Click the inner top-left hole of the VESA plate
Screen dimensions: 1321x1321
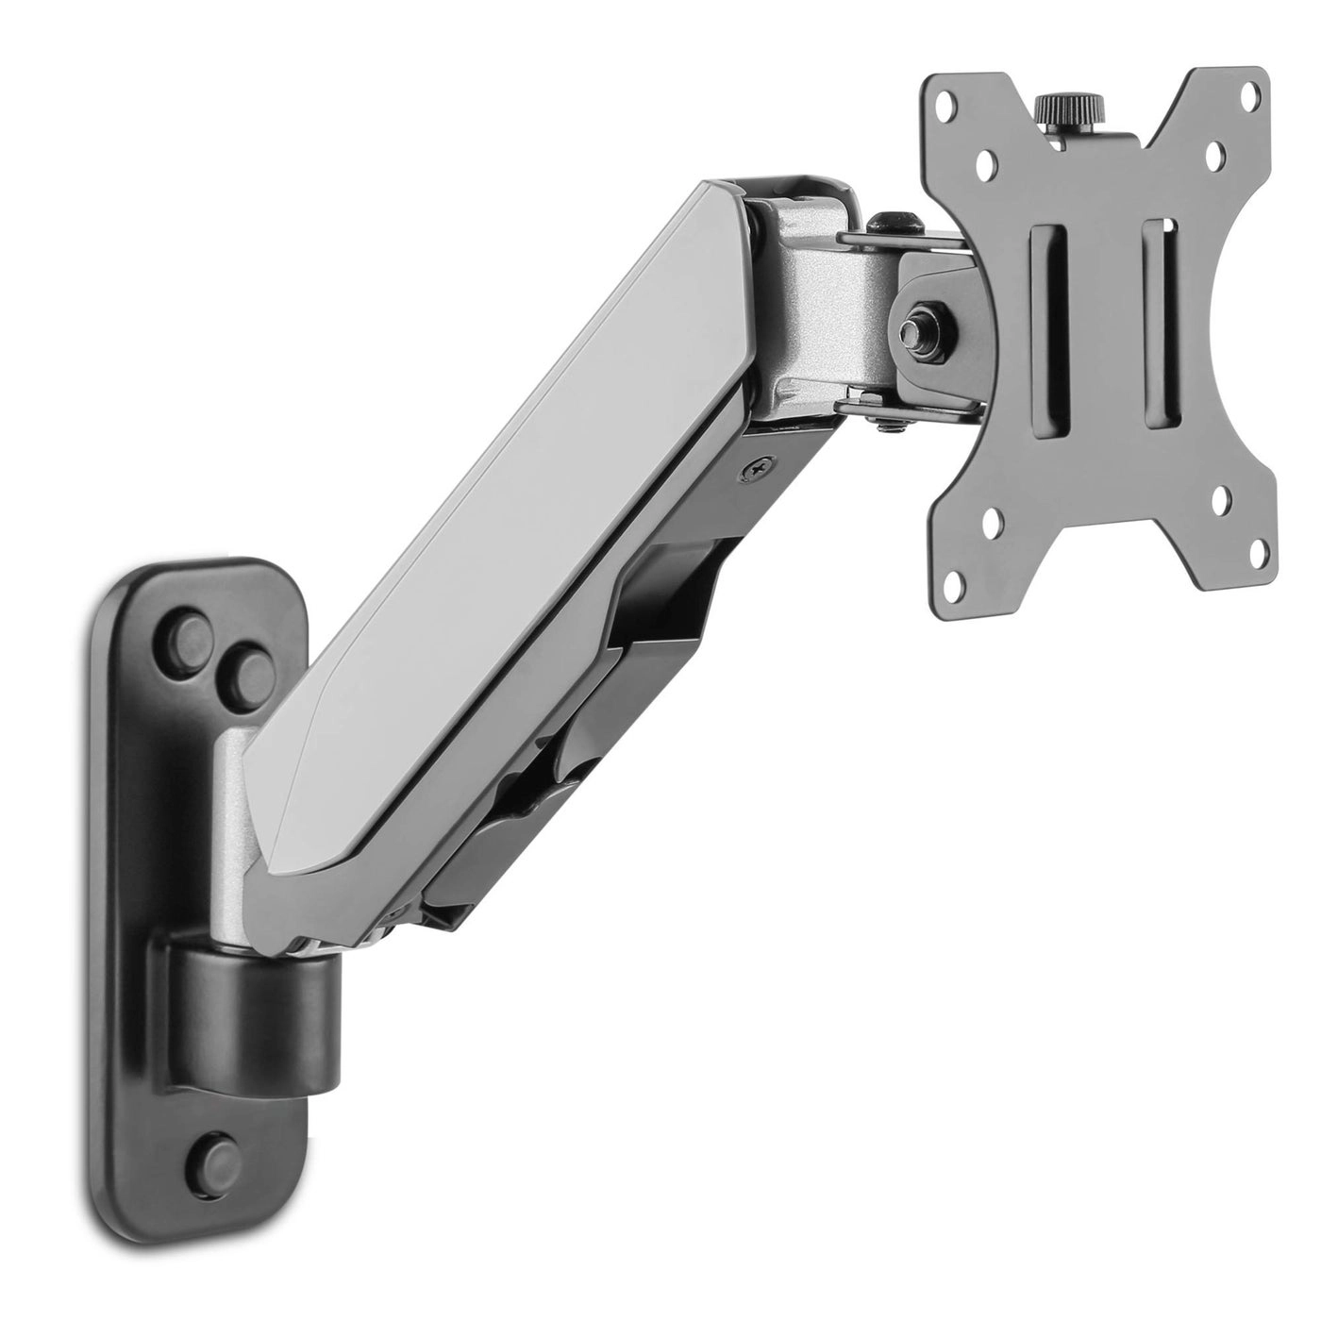click(986, 162)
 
